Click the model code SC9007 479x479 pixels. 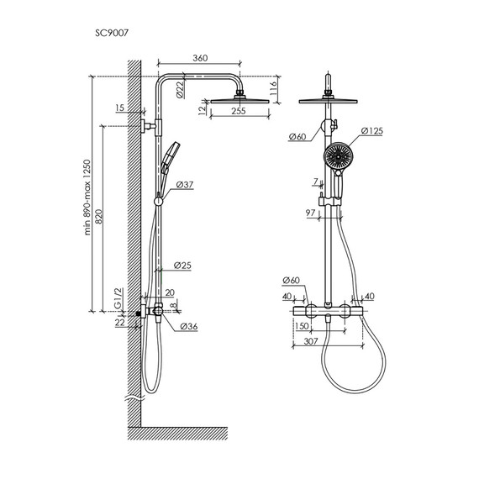[112, 33]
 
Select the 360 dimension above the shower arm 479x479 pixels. [200, 58]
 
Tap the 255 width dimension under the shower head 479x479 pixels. [239, 111]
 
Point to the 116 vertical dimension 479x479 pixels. [273, 88]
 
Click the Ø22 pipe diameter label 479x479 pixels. [181, 89]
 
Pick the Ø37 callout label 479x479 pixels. [185, 185]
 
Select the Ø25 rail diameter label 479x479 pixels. [182, 266]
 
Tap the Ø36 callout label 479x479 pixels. [189, 326]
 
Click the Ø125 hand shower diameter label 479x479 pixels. [371, 131]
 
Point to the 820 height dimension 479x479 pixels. [98, 217]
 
